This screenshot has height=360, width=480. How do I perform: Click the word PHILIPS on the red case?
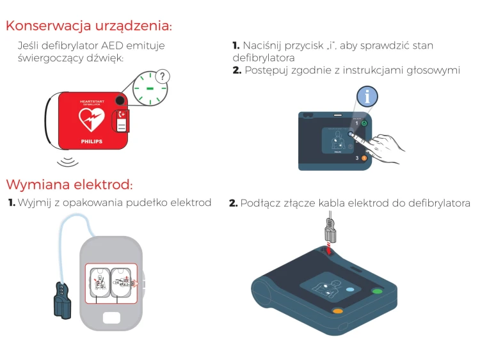click(91, 138)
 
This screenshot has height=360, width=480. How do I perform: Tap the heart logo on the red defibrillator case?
click(91, 118)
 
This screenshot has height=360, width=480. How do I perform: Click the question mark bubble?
click(164, 77)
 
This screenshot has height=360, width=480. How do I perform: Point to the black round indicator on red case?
click(120, 101)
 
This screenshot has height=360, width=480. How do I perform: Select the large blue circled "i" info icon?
click(367, 97)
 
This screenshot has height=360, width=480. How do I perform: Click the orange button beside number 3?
click(364, 157)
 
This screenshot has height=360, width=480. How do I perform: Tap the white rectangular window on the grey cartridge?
click(111, 317)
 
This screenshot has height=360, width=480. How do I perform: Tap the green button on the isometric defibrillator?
click(377, 292)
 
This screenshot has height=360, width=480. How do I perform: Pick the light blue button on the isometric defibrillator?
click(349, 290)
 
